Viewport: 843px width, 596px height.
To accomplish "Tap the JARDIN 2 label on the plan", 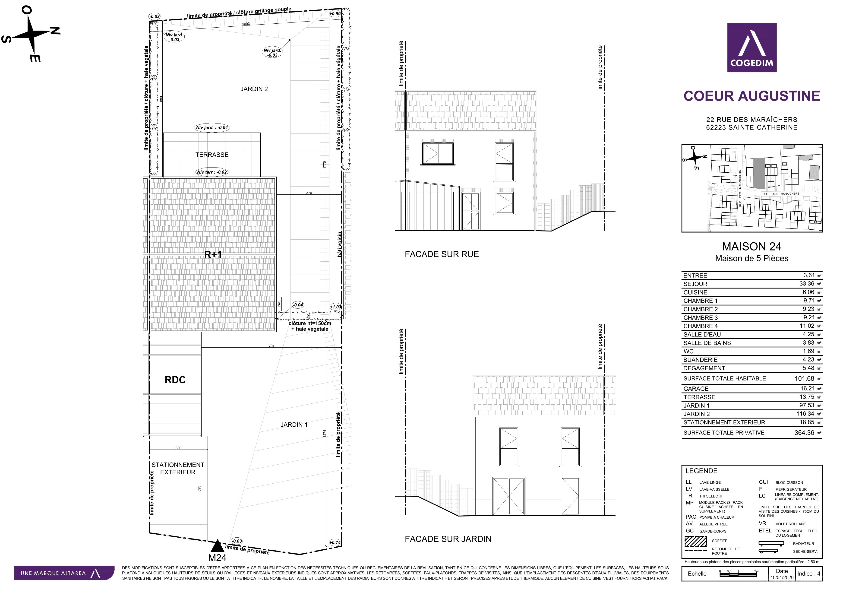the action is (x=254, y=89).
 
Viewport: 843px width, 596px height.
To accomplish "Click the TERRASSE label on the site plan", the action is (x=212, y=155).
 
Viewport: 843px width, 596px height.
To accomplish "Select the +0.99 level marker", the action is (x=335, y=14).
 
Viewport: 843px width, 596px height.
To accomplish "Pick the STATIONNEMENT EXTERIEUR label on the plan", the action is (x=178, y=468).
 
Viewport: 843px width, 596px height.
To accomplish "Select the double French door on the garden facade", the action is (x=508, y=496).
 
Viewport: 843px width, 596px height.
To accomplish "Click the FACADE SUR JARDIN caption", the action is (x=448, y=539).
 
